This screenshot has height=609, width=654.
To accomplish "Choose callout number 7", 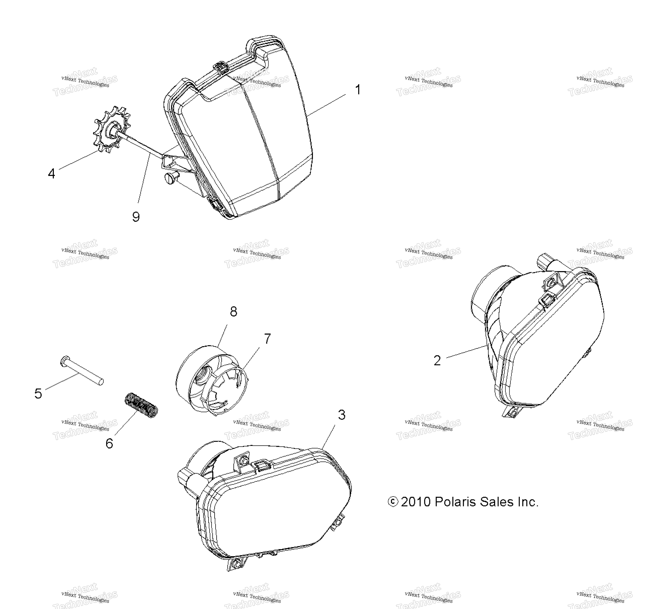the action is tap(267, 339).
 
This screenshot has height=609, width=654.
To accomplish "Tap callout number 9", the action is tap(136, 217).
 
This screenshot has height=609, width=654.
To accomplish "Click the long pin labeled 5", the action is tap(82, 370).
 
